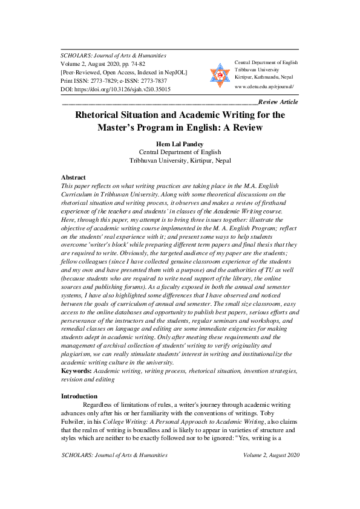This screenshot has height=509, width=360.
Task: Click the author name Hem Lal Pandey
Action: coord(180,144)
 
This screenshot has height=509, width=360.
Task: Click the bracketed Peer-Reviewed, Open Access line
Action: coord(124,72)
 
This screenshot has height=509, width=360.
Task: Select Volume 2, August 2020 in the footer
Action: coord(271,455)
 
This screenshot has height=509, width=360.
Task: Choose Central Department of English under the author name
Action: coord(180,152)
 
